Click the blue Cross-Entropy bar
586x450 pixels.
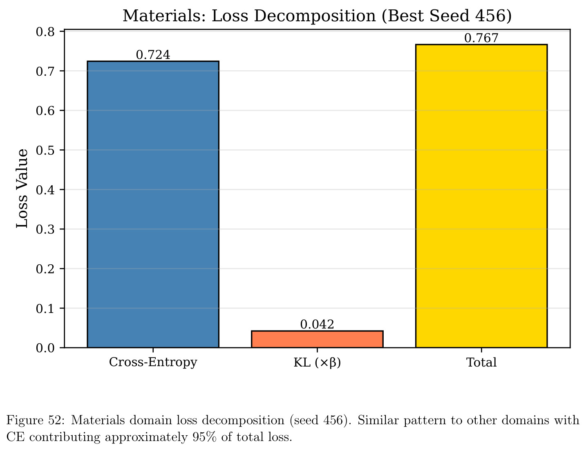click(153, 205)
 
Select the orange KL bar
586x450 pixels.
click(317, 339)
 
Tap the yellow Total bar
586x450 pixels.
click(481, 196)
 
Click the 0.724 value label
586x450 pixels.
click(153, 55)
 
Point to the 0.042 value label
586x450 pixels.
click(317, 324)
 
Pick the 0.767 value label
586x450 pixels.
click(481, 38)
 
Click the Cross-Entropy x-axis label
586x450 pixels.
click(153, 362)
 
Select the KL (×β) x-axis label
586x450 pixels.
click(317, 362)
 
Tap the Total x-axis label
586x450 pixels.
click(481, 362)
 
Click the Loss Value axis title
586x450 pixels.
click(22, 189)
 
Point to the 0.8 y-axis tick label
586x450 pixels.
click(45, 32)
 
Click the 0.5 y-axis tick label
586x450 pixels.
click(45, 151)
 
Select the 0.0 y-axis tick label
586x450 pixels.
click(45, 348)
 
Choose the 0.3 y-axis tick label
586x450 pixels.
click(45, 229)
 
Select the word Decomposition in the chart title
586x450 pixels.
click(315, 16)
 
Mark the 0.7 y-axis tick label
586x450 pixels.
click(45, 71)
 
